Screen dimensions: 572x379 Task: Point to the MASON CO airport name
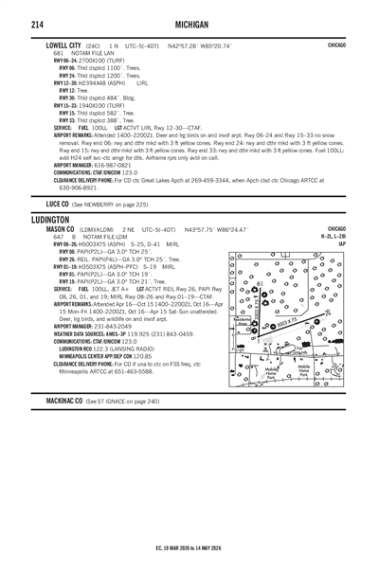[x=60, y=229]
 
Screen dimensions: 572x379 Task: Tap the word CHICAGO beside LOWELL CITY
[x=335, y=45]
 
